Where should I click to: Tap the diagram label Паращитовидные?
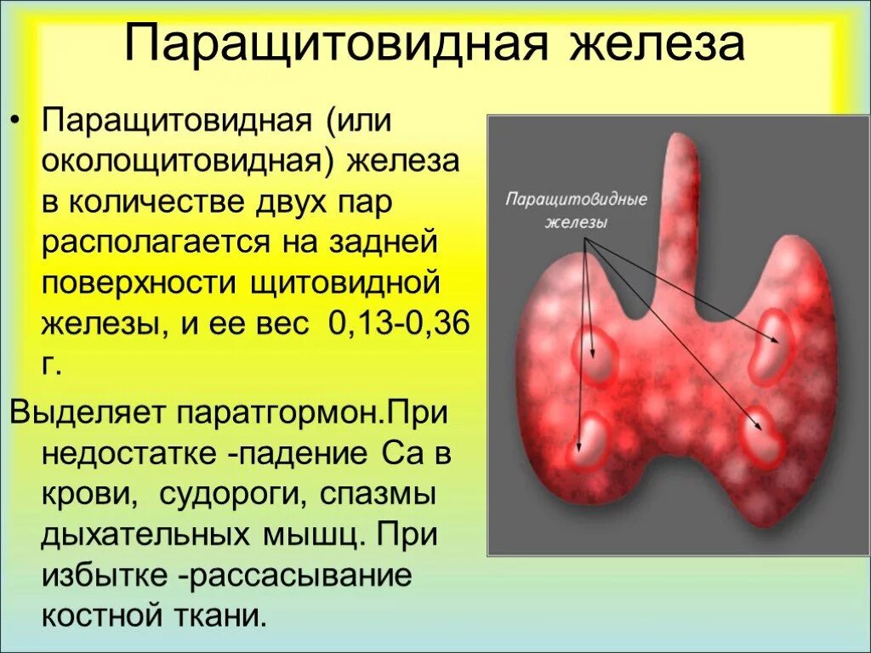577,200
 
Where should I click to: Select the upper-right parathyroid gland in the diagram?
770,344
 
